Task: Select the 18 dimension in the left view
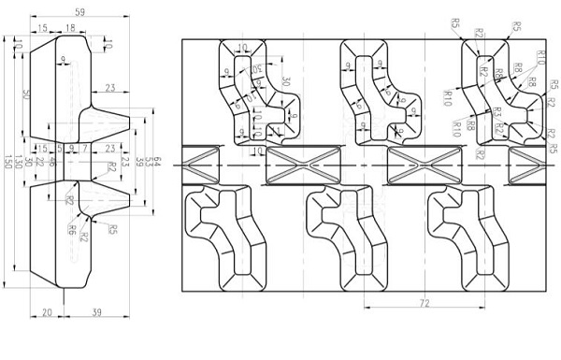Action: pos(71,29)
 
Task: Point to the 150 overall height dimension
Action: pos(7,162)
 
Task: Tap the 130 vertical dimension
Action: pos(19,162)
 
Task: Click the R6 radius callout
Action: pos(72,227)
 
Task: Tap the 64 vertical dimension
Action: pos(156,162)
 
